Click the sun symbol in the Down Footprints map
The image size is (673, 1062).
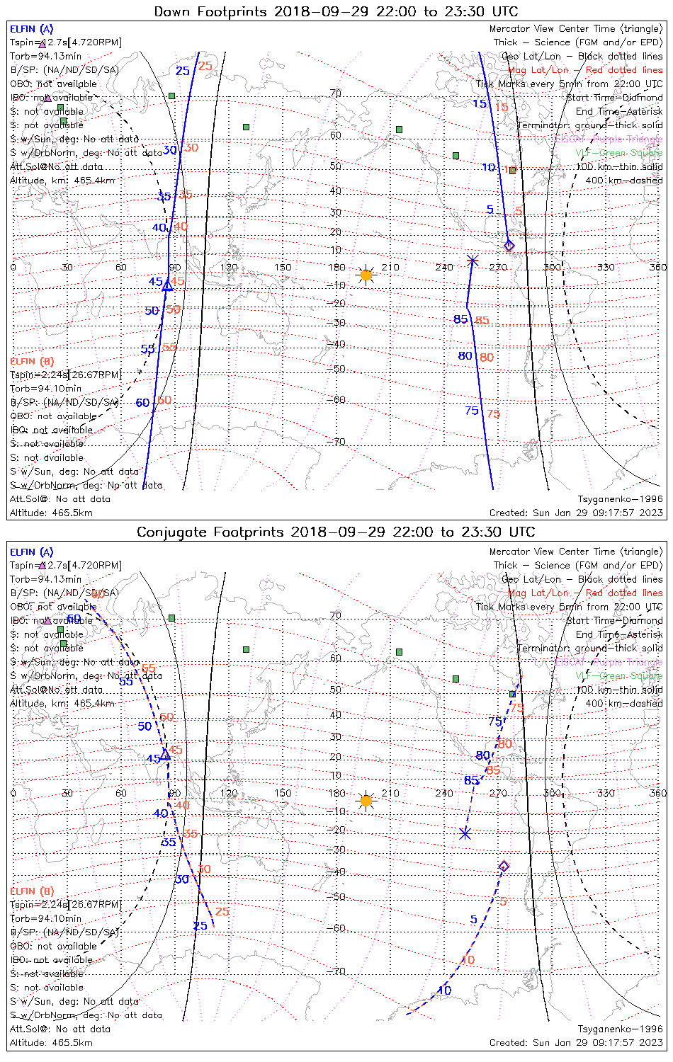tap(366, 275)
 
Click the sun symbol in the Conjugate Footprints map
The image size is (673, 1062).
tap(366, 801)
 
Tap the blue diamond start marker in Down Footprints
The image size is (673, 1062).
tap(509, 246)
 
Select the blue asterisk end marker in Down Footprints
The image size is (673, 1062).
tap(473, 261)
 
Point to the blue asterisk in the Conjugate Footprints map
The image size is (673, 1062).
tap(465, 833)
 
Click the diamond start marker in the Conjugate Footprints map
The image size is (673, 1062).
tap(504, 866)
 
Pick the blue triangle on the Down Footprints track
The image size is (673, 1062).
tap(167, 286)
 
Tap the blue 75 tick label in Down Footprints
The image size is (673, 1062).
tap(472, 411)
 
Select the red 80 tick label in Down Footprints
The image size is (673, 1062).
tap(487, 358)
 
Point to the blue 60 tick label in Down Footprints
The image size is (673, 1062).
tap(142, 403)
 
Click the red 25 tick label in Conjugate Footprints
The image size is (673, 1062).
tap(222, 911)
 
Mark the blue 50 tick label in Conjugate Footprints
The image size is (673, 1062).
tap(145, 726)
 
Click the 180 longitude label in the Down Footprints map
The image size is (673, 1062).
tap(336, 267)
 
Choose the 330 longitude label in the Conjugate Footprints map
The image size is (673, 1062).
tap(606, 793)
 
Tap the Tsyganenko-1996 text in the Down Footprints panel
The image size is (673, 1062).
tap(621, 499)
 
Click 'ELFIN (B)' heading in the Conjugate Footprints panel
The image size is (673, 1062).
tap(32, 891)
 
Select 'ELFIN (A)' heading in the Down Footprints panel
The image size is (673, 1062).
tap(32, 29)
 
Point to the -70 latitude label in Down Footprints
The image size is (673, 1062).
tap(336, 442)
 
